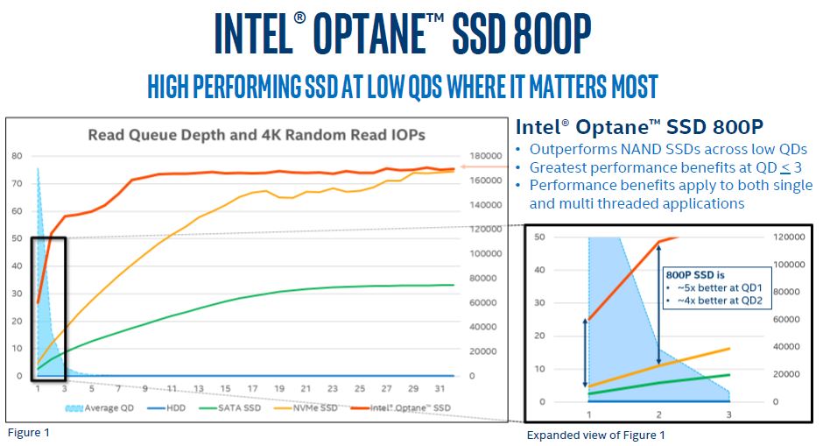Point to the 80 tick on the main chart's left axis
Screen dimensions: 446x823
click(17, 156)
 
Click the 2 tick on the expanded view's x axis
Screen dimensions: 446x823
click(658, 414)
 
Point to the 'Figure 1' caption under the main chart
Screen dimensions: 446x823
click(29, 432)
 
